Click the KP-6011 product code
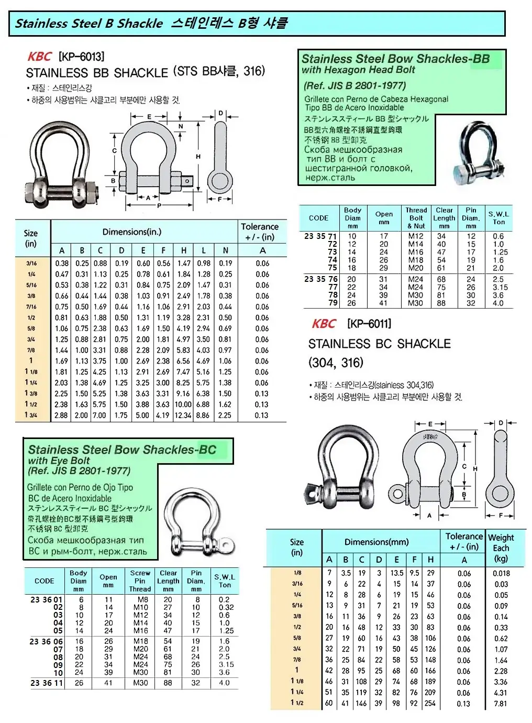369,324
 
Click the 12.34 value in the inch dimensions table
183,415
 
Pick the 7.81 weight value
501,704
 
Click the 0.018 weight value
501,573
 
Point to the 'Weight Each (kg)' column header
501,548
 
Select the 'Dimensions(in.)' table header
131,232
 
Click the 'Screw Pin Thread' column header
140,581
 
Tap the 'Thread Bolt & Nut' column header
416,218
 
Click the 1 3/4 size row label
31,415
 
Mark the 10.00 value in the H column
183,404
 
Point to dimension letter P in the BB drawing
160,206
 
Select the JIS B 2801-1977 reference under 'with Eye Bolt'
80,470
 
